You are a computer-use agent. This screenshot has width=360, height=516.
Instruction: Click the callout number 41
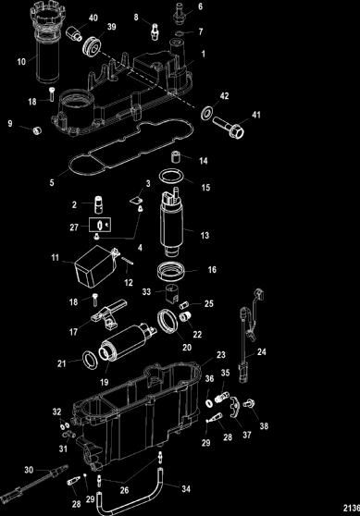(x=256, y=115)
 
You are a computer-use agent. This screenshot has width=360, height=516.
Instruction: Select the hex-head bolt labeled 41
(x=229, y=128)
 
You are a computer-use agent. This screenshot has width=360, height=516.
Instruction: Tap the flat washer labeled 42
(x=207, y=113)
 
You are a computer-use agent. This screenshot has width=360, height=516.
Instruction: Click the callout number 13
(x=205, y=235)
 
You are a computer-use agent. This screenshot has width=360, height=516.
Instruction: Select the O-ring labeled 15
(x=170, y=177)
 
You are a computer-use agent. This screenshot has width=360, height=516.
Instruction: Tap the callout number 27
(x=74, y=227)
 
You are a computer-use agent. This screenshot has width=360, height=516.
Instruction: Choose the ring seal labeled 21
(x=90, y=360)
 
